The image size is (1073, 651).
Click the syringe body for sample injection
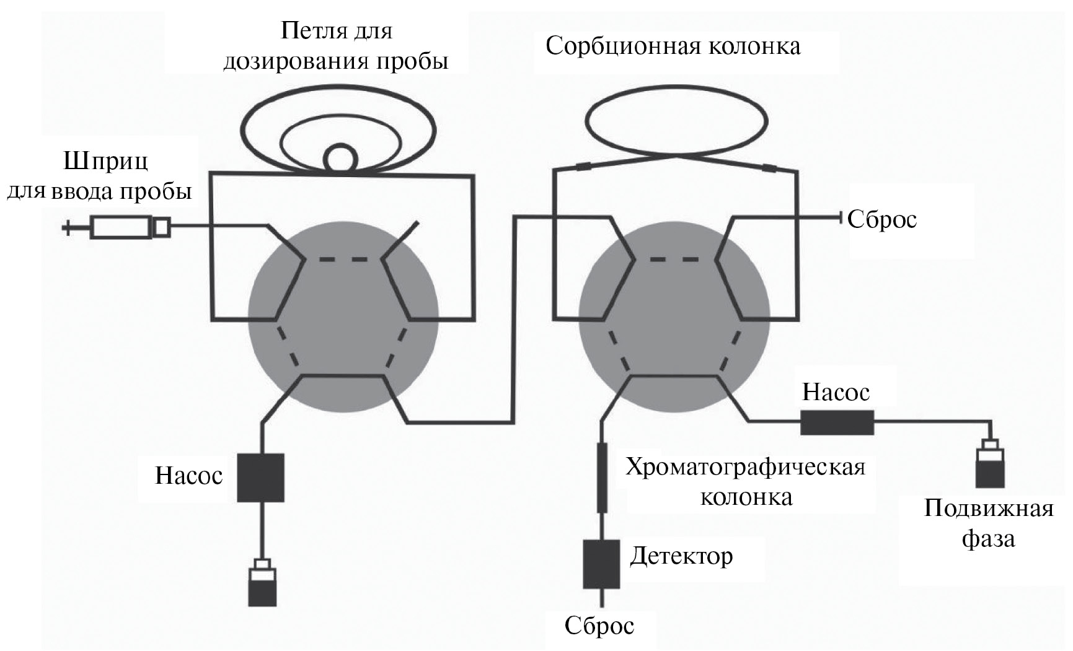tap(121, 227)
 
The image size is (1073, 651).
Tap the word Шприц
tap(106, 162)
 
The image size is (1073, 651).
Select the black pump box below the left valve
tap(260, 477)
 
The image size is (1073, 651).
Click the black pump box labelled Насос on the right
tap(837, 422)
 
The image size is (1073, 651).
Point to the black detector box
tap(601, 564)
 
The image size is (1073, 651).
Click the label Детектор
tap(681, 556)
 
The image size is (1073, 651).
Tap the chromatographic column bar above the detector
tap(601, 477)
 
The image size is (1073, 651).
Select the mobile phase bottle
tap(991, 465)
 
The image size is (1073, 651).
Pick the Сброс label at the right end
tap(881, 219)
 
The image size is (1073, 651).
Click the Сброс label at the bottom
tap(599, 626)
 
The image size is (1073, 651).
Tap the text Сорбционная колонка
tap(673, 46)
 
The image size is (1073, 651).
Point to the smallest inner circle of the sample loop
tap(340, 157)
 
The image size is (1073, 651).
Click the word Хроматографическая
tap(745, 466)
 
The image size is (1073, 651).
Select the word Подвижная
tap(989, 509)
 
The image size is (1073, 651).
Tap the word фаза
tap(988, 538)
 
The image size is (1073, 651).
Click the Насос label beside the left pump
tap(188, 476)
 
